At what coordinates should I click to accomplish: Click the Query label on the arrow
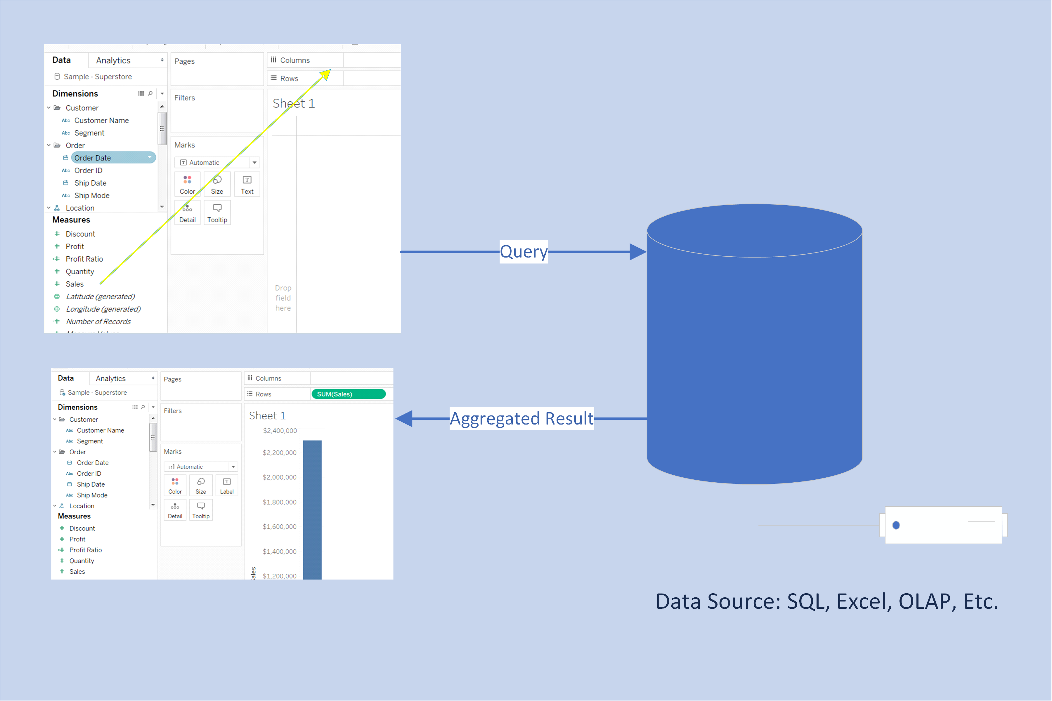[x=523, y=252]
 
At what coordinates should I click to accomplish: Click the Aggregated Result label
[x=521, y=418]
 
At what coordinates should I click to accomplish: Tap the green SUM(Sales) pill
[x=348, y=394]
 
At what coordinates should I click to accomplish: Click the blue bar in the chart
[x=312, y=510]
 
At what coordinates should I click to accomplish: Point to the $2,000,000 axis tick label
[x=279, y=477]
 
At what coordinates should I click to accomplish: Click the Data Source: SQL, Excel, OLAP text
[x=826, y=601]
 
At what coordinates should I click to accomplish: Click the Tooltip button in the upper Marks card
[x=217, y=213]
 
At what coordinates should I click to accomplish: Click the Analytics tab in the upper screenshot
[x=113, y=60]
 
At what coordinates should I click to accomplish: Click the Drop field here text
[x=283, y=298]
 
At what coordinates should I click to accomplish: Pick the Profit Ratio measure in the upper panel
[x=84, y=259]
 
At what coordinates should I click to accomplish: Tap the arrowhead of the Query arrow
[x=637, y=252]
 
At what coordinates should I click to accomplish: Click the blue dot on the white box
[x=896, y=525]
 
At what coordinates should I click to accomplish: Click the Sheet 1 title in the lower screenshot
[x=267, y=416]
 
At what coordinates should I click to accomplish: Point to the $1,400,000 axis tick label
[x=279, y=551]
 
